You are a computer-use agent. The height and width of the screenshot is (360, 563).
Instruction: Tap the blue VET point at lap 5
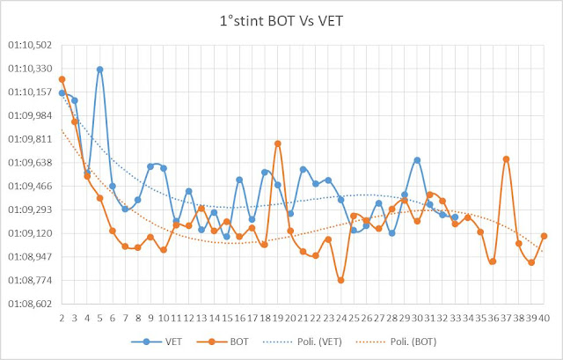[x=100, y=70]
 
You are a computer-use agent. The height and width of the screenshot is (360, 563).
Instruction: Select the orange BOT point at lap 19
[x=277, y=143]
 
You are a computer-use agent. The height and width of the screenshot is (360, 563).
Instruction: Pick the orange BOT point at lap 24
[x=340, y=280]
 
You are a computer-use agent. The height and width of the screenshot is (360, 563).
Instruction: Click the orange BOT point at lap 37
[x=506, y=159]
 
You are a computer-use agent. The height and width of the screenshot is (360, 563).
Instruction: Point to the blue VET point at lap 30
[x=417, y=160]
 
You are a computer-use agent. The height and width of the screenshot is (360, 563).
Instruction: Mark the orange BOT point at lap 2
[x=62, y=79]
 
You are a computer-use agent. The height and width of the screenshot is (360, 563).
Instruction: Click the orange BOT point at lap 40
[x=544, y=236]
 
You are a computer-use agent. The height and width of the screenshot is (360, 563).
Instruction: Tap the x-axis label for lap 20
[x=290, y=317]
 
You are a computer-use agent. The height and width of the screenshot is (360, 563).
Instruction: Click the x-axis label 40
[x=545, y=317]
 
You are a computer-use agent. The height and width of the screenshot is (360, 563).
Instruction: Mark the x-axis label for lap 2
[x=62, y=317]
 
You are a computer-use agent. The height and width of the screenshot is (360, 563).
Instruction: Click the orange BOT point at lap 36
[x=493, y=261]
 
